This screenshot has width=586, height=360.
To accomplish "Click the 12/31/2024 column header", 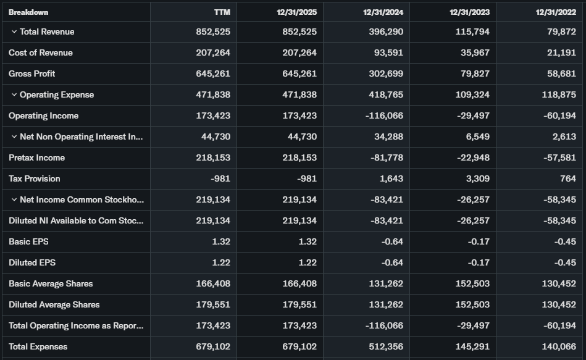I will tap(383, 12).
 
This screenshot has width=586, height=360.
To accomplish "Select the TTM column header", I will tap(222, 12).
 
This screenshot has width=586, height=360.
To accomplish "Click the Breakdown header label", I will tap(28, 12).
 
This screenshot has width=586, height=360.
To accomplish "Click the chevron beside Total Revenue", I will tap(14, 32).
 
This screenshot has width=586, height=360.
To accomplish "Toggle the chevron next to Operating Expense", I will tap(14, 95).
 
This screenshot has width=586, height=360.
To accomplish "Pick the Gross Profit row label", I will tap(32, 74).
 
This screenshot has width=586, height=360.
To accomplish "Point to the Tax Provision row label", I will tap(35, 179).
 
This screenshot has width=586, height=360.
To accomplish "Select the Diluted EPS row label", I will tap(32, 263).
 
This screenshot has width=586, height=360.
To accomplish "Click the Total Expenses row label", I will tap(38, 347).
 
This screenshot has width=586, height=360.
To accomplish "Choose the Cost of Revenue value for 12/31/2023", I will tap(475, 53).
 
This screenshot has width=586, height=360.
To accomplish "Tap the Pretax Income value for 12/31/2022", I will tap(559, 158).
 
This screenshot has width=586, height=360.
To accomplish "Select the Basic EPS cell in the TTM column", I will tap(221, 242).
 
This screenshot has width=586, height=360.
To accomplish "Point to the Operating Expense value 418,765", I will tap(384, 95).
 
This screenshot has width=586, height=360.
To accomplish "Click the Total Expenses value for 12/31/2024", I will tap(384, 347).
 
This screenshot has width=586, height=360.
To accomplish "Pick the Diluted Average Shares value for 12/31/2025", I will tap(299, 305).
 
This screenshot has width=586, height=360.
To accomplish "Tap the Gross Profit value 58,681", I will tap(561, 74).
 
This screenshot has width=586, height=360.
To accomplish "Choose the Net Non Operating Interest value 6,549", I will tap(478, 137).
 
